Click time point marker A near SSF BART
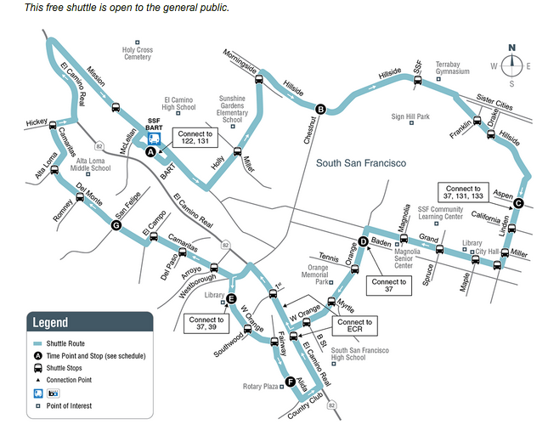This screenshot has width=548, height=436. (x=150, y=153)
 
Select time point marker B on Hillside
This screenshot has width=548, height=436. (x=321, y=109)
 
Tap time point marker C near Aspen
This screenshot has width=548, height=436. (x=518, y=202)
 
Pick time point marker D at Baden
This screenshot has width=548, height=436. (x=363, y=242)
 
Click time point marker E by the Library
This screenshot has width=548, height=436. (x=230, y=297)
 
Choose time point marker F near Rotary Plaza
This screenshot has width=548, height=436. (x=291, y=382)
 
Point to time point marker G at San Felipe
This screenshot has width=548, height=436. (x=116, y=225)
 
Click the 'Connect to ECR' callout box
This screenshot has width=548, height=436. (x=354, y=327)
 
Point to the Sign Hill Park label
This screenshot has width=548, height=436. (x=410, y=116)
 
